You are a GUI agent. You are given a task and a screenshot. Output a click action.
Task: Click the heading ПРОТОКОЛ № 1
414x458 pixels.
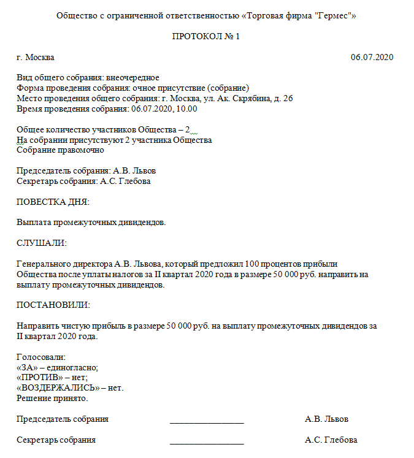[206, 37]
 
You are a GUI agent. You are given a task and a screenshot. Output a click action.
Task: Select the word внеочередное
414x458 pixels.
[132, 78]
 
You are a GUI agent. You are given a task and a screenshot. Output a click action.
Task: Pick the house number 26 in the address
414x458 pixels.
[288, 99]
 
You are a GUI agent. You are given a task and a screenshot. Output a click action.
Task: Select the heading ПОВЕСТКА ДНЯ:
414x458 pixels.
[53, 202]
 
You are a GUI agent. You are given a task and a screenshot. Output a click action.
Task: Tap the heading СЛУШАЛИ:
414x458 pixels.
[42, 243]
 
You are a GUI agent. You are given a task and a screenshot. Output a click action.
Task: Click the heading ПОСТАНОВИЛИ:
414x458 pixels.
[53, 305]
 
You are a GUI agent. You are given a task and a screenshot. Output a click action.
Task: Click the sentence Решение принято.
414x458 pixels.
[52, 399]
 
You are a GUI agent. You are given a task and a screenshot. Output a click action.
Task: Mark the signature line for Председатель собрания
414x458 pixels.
[207, 421]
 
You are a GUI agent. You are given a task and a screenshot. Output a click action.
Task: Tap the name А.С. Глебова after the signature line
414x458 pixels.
[331, 440]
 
